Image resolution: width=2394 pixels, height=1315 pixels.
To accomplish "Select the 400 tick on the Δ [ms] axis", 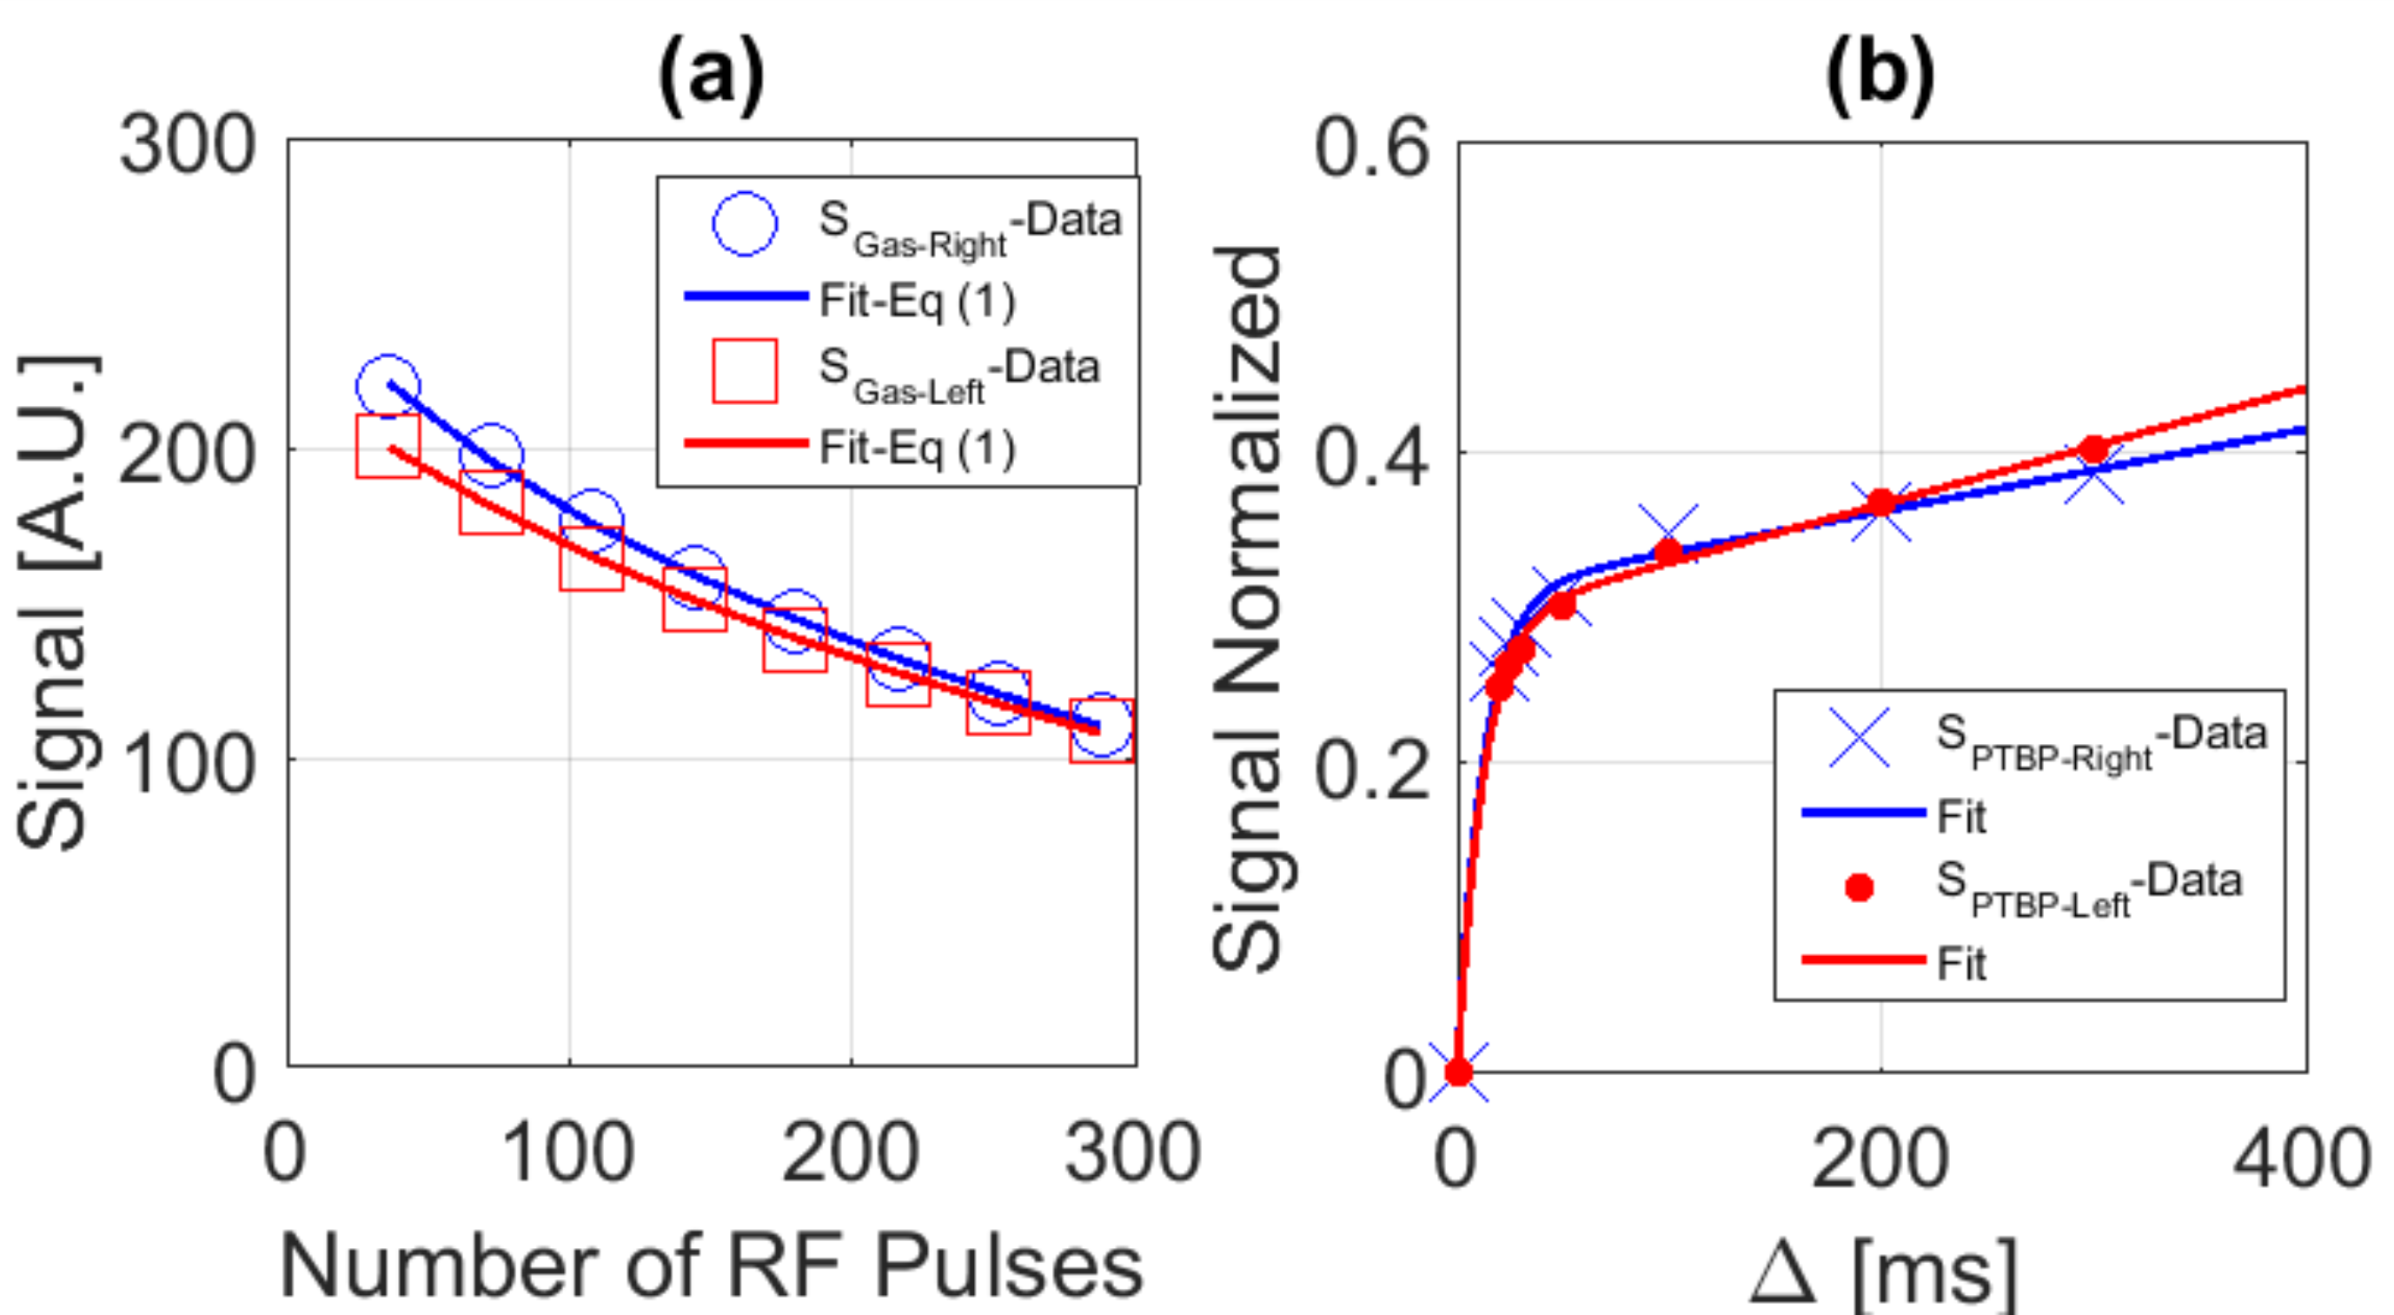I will (x=2302, y=1159).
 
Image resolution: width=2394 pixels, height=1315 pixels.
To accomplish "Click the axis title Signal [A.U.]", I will (x=57, y=602).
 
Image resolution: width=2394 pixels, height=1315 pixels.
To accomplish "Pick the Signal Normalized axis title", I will (x=1247, y=608).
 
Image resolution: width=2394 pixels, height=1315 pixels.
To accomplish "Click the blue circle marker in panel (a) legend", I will (x=745, y=224).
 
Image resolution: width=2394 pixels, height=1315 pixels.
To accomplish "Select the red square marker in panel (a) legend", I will (x=745, y=371).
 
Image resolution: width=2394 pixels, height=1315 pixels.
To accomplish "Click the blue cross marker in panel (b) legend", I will (x=1860, y=737).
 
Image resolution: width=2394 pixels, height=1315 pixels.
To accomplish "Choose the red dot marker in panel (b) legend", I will (x=1860, y=888).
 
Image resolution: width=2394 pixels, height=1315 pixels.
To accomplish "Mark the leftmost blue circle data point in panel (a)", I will (x=388, y=386).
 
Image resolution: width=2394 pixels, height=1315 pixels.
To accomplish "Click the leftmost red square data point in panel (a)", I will (x=388, y=446).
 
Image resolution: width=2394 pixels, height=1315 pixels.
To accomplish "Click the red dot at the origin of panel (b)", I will (x=1458, y=1073).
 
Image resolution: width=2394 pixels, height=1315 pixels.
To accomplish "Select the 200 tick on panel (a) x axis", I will (x=851, y=1152).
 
